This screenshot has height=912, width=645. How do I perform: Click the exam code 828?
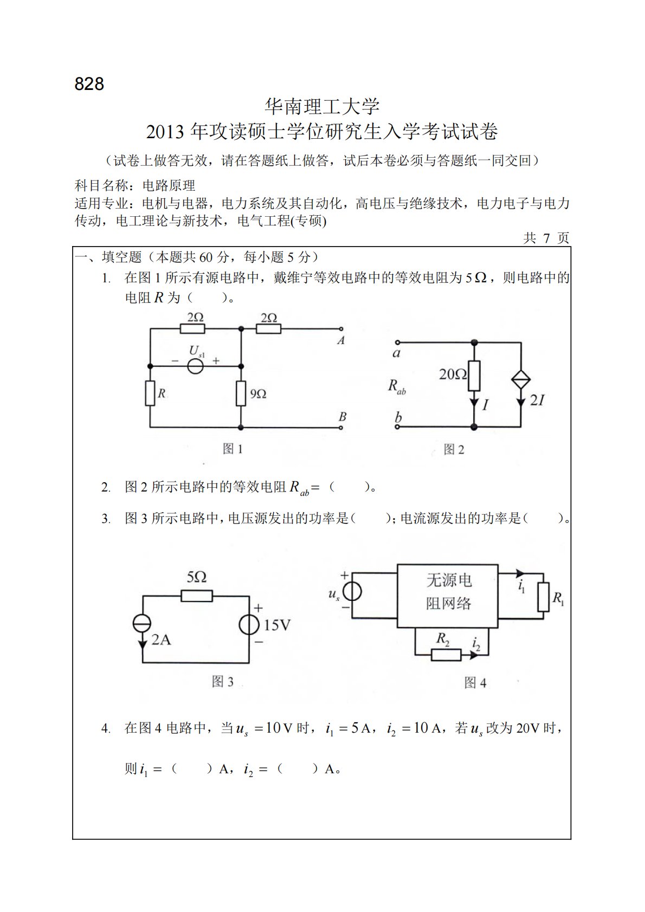point(89,84)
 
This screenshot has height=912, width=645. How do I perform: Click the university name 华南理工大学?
point(322,107)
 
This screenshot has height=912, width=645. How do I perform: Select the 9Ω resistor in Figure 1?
point(241,393)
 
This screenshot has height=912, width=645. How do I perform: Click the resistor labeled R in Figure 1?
point(150,393)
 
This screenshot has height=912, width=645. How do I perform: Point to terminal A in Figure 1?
point(341,329)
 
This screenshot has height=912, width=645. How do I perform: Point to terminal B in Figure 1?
point(341,428)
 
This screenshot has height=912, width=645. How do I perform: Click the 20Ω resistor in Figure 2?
point(474,375)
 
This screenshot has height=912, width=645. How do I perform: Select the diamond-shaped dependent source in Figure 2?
point(521,380)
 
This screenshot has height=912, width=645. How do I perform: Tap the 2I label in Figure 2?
point(537,400)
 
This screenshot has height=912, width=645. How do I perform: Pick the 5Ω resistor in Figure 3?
point(196,596)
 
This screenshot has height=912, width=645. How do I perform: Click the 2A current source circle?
point(143,624)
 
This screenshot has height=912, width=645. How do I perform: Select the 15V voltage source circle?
point(249,625)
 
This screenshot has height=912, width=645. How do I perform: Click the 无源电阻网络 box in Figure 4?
point(448,596)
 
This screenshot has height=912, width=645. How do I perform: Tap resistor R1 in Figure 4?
point(543,597)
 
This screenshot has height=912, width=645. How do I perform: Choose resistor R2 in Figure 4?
point(446,655)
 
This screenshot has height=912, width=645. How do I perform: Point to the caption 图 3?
point(223,682)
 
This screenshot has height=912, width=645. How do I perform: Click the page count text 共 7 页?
point(546,238)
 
